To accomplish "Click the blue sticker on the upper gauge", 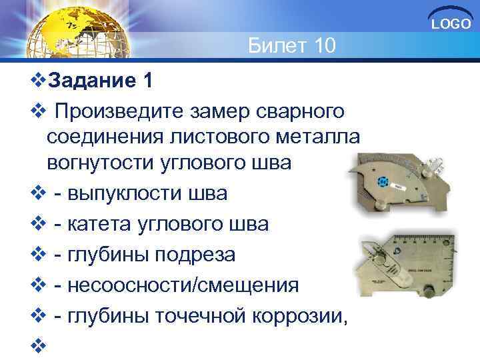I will point(382,182).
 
